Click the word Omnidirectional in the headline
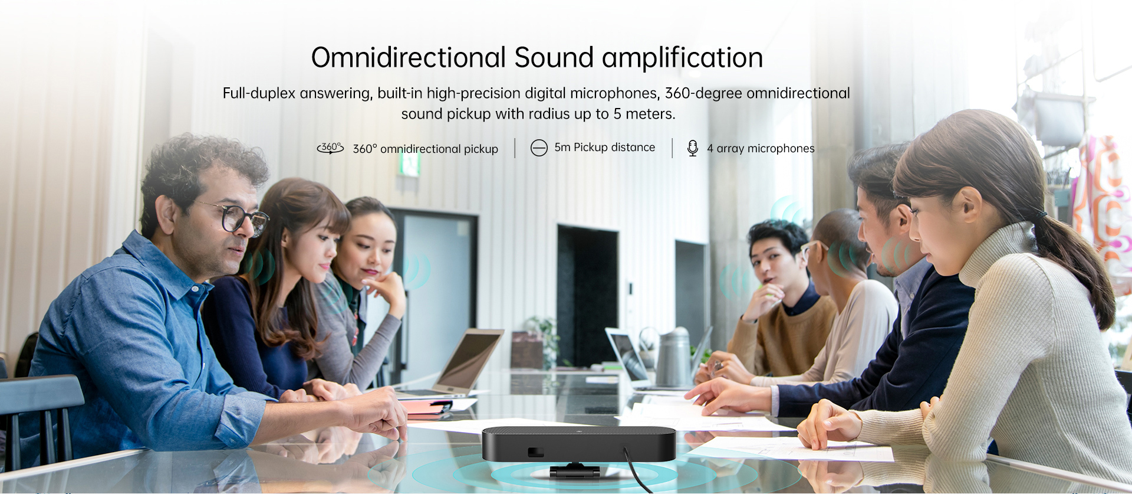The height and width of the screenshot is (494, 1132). tap(409, 58)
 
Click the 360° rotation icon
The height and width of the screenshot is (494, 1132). tap(330, 148)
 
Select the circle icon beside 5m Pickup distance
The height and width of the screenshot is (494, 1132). tap(539, 148)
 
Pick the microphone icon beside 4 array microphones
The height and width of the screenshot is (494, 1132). tap(693, 148)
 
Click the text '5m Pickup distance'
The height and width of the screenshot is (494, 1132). tap(604, 148)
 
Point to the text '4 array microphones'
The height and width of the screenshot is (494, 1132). tap(761, 149)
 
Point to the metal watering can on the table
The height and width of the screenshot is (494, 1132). tap(672, 357)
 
